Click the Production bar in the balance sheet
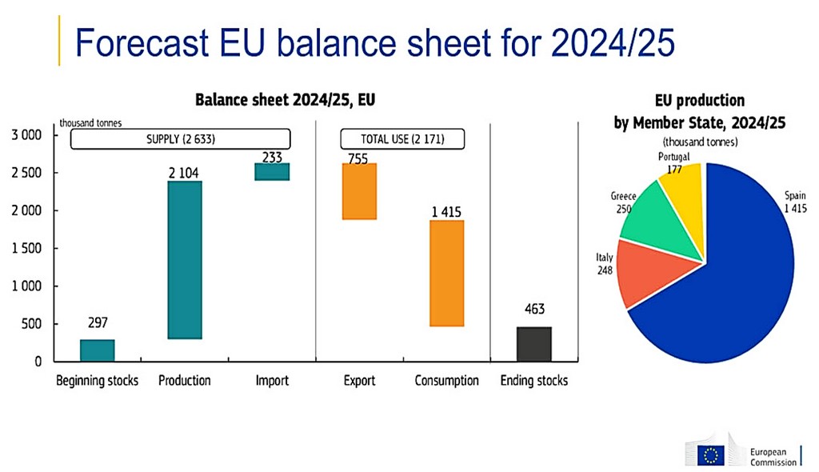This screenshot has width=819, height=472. (185, 260)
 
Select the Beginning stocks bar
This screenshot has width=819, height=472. (98, 350)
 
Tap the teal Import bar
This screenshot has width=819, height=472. (272, 172)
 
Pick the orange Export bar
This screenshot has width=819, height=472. (359, 191)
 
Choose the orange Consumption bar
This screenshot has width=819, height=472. (446, 273)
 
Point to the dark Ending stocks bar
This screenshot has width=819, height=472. (533, 344)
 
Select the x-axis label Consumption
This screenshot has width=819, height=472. (446, 381)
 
